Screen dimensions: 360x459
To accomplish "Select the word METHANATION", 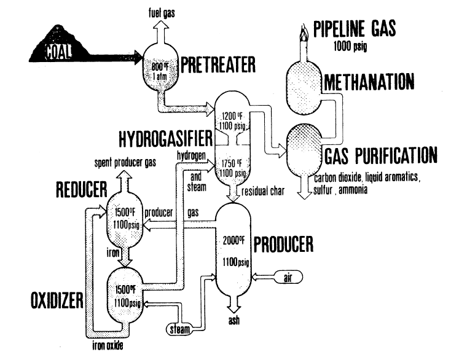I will click(369, 82).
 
